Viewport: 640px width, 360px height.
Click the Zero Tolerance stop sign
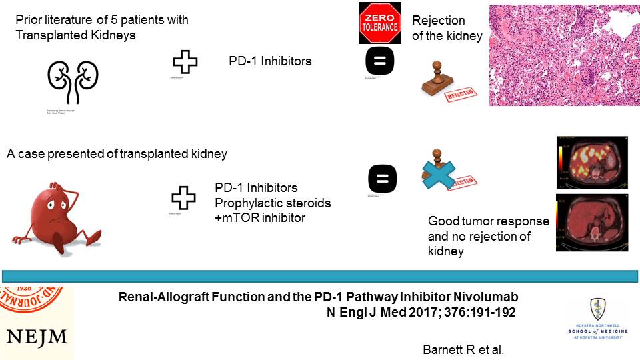pos(380,23)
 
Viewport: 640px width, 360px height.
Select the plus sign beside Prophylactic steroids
pos(184,198)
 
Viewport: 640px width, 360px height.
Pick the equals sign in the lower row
pos(382,179)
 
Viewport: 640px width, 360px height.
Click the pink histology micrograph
pos(564,54)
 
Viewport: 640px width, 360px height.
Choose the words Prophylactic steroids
pos(273,202)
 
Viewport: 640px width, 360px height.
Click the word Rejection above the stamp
pos(438,21)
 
